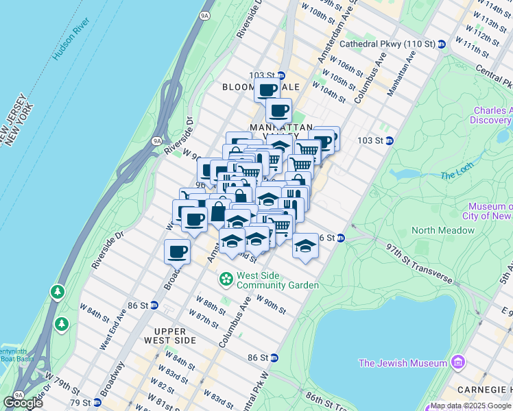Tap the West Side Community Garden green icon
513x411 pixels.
[x=225, y=279]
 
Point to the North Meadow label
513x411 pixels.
[x=442, y=230]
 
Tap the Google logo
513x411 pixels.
[x=23, y=402]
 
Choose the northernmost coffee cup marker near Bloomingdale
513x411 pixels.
[x=267, y=88]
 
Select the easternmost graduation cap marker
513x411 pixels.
[x=305, y=245]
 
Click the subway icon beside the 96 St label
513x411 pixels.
[x=341, y=238]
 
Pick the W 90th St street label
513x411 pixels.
[x=271, y=304]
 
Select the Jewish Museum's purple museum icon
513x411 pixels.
[x=456, y=363]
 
